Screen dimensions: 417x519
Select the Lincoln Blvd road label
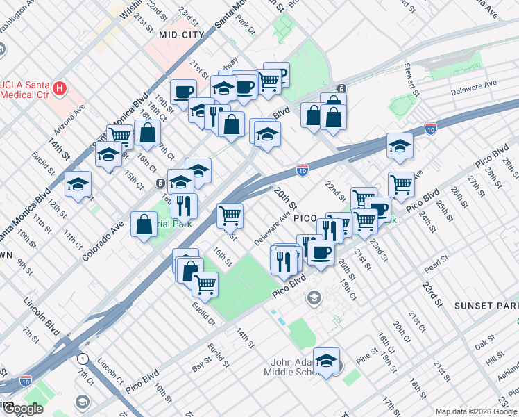44,315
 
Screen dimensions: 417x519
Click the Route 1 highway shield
83,359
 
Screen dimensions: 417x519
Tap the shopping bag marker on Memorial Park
144,225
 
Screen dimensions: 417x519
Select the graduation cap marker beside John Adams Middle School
326,360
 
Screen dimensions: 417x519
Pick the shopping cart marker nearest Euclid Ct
205,283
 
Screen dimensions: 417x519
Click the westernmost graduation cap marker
78,184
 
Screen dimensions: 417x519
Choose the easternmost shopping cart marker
401,184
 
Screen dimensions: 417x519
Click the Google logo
22,409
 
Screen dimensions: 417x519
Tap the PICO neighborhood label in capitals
305,218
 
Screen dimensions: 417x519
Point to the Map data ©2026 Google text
476,411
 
